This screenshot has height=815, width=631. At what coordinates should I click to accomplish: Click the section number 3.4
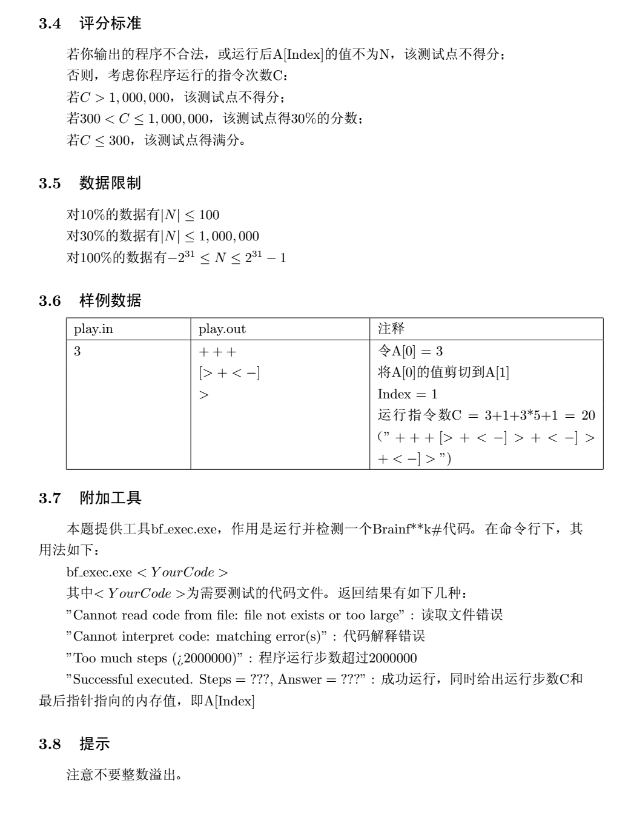pyautogui.click(x=50, y=24)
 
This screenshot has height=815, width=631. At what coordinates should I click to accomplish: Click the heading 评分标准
pyautogui.click(x=110, y=24)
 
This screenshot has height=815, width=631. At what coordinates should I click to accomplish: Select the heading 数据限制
pyautogui.click(x=110, y=183)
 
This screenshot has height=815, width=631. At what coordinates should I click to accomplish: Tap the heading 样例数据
pyautogui.click(x=110, y=300)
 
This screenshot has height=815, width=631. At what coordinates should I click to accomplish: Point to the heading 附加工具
pyautogui.click(x=110, y=498)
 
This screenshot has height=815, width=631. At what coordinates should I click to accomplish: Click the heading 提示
pyautogui.click(x=94, y=744)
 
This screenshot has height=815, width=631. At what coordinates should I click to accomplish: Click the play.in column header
pyautogui.click(x=93, y=329)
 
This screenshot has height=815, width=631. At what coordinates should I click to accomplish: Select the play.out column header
pyautogui.click(x=222, y=329)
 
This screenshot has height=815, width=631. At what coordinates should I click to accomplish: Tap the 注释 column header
pyautogui.click(x=391, y=329)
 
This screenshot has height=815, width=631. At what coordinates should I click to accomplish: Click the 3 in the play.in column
pyautogui.click(x=77, y=351)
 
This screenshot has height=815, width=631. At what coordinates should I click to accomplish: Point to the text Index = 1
pyautogui.click(x=407, y=394)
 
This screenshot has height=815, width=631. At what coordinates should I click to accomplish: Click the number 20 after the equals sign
pyautogui.click(x=588, y=415)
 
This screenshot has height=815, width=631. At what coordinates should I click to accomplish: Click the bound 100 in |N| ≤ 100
pyautogui.click(x=209, y=215)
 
